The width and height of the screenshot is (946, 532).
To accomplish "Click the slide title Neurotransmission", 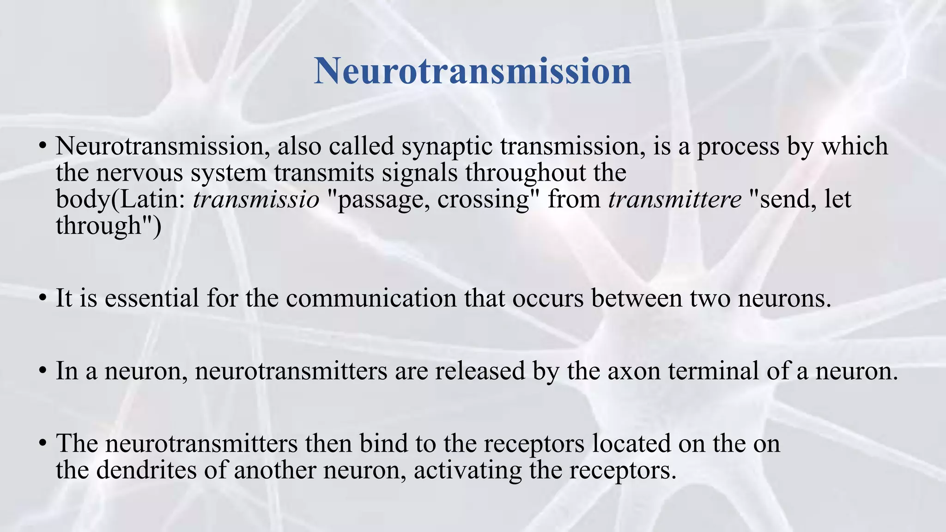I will click(x=473, y=71).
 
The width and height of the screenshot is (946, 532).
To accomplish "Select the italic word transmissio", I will click(x=256, y=199).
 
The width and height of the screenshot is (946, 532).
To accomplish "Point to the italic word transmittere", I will click(x=675, y=199).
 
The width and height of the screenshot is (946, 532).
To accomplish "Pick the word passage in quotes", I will click(x=381, y=200).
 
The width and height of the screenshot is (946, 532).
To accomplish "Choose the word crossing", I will click(x=483, y=200).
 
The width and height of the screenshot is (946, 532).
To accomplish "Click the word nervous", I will click(x=139, y=173).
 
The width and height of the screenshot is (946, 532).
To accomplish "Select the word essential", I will click(x=152, y=298).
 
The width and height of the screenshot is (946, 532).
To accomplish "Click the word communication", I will click(x=371, y=298).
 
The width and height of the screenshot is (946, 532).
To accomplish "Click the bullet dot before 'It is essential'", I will click(x=42, y=299).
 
